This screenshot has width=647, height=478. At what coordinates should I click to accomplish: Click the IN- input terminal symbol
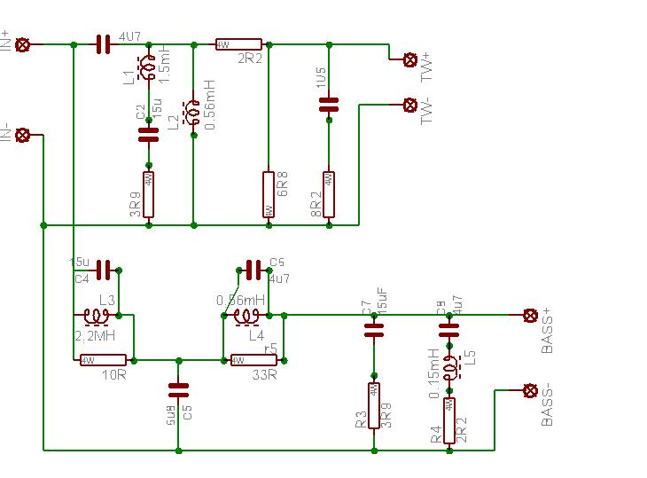pos(24,135)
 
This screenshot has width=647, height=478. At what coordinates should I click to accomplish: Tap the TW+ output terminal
pos(410,59)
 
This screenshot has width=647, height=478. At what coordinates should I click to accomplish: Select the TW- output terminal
pos(410,105)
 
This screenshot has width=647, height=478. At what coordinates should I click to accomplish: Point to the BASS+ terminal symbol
pos(531,315)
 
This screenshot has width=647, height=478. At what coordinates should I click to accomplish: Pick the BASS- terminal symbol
pos(531,390)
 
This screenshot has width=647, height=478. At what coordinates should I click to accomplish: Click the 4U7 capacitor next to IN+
pos(103,43)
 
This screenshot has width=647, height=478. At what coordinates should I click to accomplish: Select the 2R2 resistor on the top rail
pos(238,43)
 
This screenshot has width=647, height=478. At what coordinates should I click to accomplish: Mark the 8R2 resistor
pos(329,194)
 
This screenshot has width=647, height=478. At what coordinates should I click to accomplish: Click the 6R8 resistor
pos(268,194)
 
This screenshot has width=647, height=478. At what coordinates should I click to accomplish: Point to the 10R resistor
pos(103,360)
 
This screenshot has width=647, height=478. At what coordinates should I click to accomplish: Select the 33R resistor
pos(253,360)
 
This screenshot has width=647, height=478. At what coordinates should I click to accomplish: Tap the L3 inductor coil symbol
pos(96,315)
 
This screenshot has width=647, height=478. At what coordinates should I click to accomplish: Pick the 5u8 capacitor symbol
pos(178,389)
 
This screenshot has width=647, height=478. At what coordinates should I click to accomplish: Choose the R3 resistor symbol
pos(373,405)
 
